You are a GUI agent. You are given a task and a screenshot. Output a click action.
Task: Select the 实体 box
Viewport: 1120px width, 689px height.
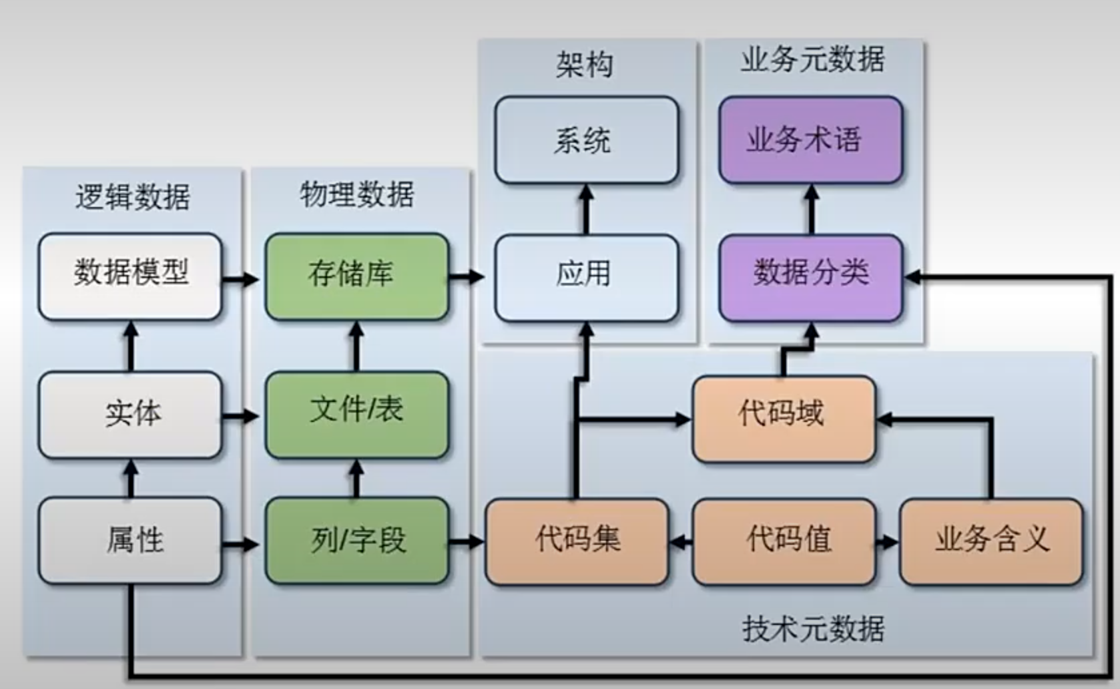pyautogui.click(x=130, y=415)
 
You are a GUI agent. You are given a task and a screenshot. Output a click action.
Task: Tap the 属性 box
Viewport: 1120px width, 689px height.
pyautogui.click(x=130, y=540)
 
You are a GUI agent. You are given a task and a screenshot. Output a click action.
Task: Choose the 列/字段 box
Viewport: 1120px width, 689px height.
pyautogui.click(x=356, y=540)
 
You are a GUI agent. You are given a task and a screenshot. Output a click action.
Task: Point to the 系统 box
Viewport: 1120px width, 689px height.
pyautogui.click(x=586, y=140)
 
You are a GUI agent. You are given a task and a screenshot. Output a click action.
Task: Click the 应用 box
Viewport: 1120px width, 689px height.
pyautogui.click(x=586, y=276)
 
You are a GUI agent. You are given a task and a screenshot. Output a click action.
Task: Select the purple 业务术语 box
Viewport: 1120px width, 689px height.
pyautogui.click(x=810, y=140)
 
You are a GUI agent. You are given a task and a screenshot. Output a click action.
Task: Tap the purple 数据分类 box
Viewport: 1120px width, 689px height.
pyautogui.click(x=810, y=276)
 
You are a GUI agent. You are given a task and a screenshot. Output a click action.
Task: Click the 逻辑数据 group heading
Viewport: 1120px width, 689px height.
pyautogui.click(x=132, y=197)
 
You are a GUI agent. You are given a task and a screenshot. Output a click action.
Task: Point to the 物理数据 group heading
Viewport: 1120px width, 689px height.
pyautogui.click(x=356, y=194)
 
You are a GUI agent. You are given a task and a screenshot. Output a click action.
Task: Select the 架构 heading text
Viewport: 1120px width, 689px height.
pyautogui.click(x=585, y=65)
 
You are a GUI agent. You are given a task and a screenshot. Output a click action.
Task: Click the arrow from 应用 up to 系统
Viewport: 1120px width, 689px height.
pyautogui.click(x=586, y=209)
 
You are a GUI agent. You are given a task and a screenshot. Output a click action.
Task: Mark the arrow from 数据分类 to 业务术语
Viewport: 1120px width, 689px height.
pyautogui.click(x=811, y=209)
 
